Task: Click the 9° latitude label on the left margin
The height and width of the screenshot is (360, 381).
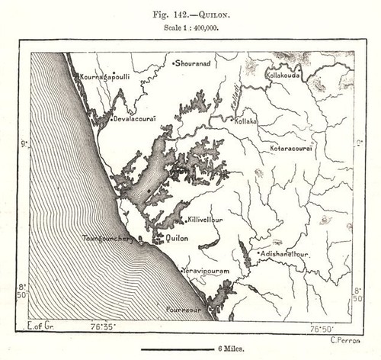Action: (23, 143)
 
